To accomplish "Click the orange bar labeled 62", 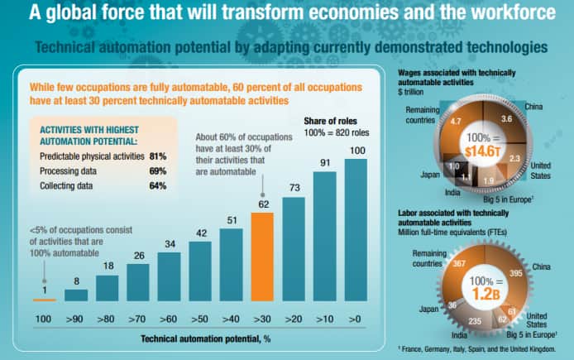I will (262, 257).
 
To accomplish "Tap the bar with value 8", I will (76, 295).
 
